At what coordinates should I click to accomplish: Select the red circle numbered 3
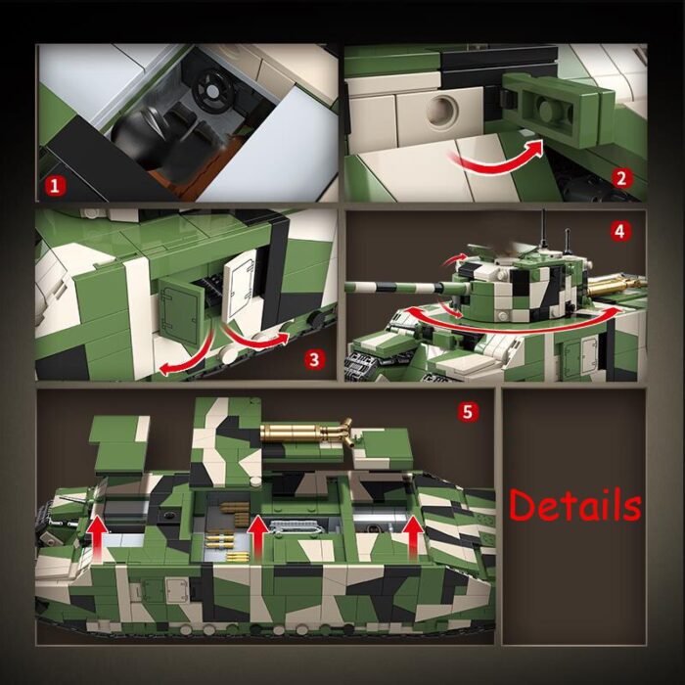[313, 359]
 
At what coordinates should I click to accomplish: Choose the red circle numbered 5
[468, 412]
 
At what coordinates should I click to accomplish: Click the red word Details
[574, 506]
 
